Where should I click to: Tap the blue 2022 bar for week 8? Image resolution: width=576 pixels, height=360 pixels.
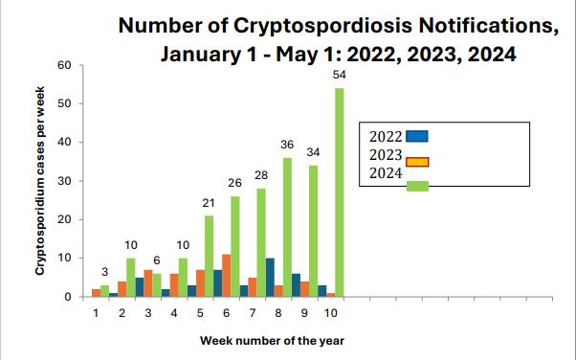(270, 278)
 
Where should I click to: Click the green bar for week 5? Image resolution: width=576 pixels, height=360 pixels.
(209, 256)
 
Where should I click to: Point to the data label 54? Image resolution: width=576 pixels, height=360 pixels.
(339, 75)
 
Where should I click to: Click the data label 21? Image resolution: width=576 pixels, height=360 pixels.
(208, 203)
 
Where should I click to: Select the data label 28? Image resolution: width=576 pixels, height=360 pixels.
(260, 175)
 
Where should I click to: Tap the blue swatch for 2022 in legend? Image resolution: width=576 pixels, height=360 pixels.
(417, 136)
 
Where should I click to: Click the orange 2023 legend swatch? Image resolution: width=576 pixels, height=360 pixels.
(417, 160)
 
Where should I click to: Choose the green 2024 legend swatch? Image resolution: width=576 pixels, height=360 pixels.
(417, 186)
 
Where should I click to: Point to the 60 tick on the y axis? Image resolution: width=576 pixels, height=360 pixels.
(65, 65)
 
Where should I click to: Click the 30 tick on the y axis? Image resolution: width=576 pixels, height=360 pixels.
(65, 181)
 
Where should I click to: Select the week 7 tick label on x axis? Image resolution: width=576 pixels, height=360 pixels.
(252, 311)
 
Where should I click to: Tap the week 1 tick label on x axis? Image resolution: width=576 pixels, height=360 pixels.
(96, 311)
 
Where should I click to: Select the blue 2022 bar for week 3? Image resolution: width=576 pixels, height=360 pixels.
(140, 287)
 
